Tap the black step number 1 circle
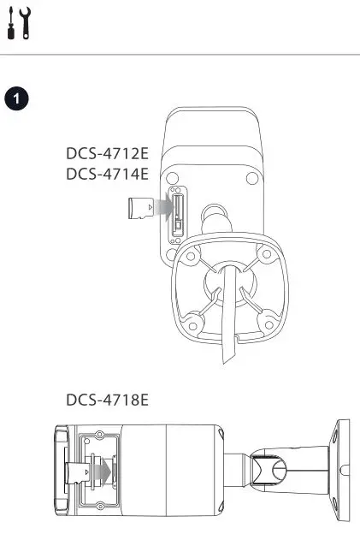[15, 98]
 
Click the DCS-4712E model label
[107, 155]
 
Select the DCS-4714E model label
[107, 175]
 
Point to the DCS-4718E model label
[107, 399]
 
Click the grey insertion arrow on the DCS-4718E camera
[101, 471]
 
